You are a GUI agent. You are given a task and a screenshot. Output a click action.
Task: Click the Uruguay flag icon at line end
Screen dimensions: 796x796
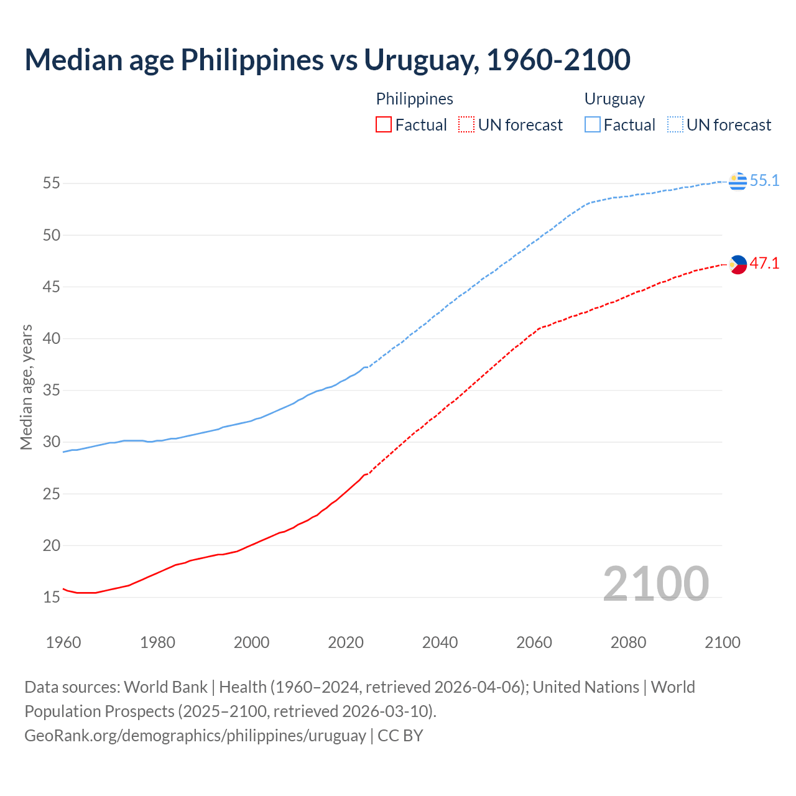point(738,181)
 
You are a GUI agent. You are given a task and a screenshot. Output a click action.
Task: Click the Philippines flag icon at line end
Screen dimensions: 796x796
point(738,264)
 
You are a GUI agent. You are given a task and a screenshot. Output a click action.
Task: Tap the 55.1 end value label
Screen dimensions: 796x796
point(764,181)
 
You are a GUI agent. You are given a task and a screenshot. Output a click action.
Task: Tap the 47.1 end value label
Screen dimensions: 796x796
point(764,264)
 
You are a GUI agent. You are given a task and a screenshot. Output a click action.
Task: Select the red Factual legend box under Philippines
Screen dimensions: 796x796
point(384,125)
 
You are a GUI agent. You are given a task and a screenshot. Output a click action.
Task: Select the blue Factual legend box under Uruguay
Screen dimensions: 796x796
point(592,125)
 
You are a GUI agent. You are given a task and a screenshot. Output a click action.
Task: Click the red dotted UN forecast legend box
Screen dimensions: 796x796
point(466,125)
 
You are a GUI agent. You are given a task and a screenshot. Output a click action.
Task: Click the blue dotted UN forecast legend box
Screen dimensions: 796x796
point(675,125)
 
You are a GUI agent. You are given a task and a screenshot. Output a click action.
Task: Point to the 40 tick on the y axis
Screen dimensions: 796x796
point(52,339)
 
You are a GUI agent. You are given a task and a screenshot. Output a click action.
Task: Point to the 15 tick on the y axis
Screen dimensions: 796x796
point(52,598)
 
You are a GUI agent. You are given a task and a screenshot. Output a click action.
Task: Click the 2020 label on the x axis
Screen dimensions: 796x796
point(346,642)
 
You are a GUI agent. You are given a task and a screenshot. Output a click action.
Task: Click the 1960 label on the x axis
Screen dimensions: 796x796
point(63,642)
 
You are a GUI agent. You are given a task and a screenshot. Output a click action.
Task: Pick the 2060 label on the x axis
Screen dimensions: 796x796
point(534,642)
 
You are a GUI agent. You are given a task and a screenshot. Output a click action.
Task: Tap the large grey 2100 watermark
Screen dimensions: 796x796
point(655,584)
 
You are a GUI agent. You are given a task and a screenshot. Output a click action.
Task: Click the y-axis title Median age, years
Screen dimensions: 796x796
point(26,387)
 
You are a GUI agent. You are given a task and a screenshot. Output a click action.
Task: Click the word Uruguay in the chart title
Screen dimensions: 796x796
point(420,60)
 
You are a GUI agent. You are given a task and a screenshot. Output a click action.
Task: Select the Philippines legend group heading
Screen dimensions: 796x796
point(414,99)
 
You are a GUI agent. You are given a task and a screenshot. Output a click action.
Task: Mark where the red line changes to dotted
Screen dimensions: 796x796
point(367,474)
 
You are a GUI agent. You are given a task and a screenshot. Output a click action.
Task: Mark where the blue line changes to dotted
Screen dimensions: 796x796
point(367,367)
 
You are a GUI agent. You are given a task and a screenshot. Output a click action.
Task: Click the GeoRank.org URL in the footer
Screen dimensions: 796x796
point(195,736)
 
